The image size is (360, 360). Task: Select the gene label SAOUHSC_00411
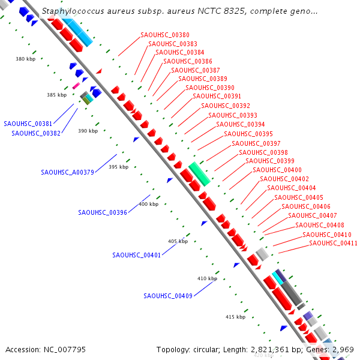point(333,243)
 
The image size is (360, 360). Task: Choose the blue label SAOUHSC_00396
point(103,212)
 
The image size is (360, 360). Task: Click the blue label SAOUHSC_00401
point(136,255)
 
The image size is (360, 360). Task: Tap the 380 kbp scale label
point(26,59)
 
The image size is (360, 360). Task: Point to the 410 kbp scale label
point(207,278)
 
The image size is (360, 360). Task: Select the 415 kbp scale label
point(235,317)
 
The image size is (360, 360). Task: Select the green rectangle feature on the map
point(199,173)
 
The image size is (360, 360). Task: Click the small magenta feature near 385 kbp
point(76,86)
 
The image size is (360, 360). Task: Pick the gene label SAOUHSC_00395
point(248,134)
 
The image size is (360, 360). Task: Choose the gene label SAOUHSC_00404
point(291,188)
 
